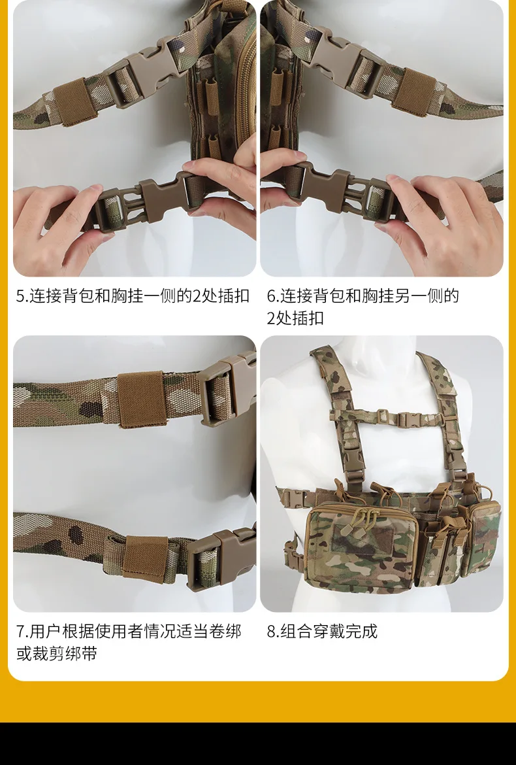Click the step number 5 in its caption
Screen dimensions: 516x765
20,296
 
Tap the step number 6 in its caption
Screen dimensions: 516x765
271,296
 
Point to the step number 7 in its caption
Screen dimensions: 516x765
20,632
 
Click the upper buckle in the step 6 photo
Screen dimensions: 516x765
343,59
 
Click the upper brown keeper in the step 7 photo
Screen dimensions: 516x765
142,399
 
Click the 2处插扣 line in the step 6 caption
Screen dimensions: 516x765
295,318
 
